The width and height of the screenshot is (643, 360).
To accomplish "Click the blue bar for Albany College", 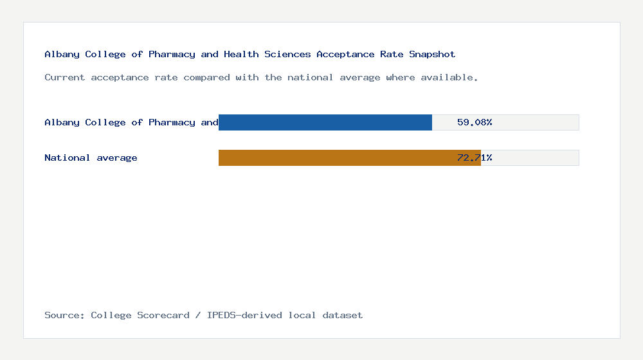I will click(x=325, y=122).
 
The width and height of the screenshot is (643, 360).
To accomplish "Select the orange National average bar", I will click(x=349, y=157).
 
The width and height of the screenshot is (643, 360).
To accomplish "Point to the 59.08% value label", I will click(x=475, y=122).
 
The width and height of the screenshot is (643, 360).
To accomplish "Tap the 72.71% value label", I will click(x=475, y=157).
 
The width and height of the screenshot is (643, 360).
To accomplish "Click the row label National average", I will click(x=91, y=157).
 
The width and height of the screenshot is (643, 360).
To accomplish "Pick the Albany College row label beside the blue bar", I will click(x=131, y=122).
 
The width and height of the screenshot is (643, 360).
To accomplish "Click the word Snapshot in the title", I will click(x=432, y=54).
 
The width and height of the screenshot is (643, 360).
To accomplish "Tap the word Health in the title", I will click(x=241, y=54).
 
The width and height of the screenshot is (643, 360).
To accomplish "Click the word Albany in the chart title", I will click(x=62, y=54).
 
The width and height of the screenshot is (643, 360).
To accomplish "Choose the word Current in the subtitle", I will click(x=65, y=77).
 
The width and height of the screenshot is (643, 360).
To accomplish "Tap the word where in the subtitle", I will click(x=400, y=77).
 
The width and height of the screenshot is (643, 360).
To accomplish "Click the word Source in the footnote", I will click(x=64, y=315).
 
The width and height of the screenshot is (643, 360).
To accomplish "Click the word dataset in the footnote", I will click(x=343, y=315).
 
